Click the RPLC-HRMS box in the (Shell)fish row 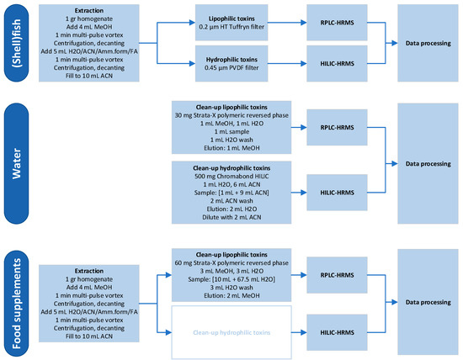coord(337,22)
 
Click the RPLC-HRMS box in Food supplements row coord(337,271)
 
